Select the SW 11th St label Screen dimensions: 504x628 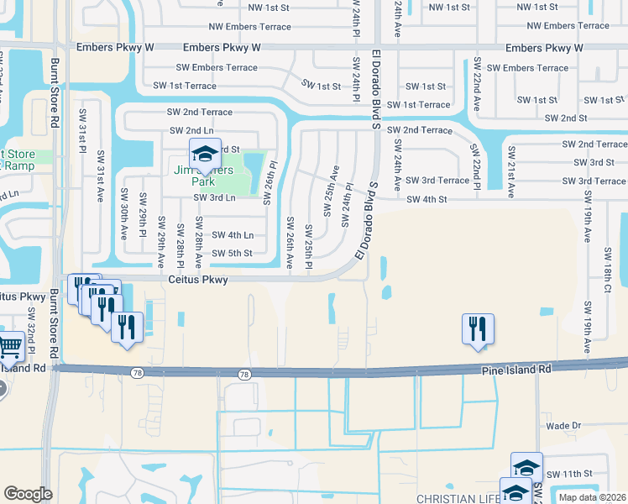(x=571, y=474)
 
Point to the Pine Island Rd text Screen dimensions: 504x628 (x=516, y=369)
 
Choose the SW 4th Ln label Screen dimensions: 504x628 (x=233, y=235)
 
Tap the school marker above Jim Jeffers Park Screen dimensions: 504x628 (x=204, y=154)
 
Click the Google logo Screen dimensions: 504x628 (x=28, y=494)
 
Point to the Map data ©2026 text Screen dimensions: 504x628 (x=592, y=497)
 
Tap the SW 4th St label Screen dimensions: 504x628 (x=428, y=199)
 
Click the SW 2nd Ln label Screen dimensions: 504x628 (x=191, y=130)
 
